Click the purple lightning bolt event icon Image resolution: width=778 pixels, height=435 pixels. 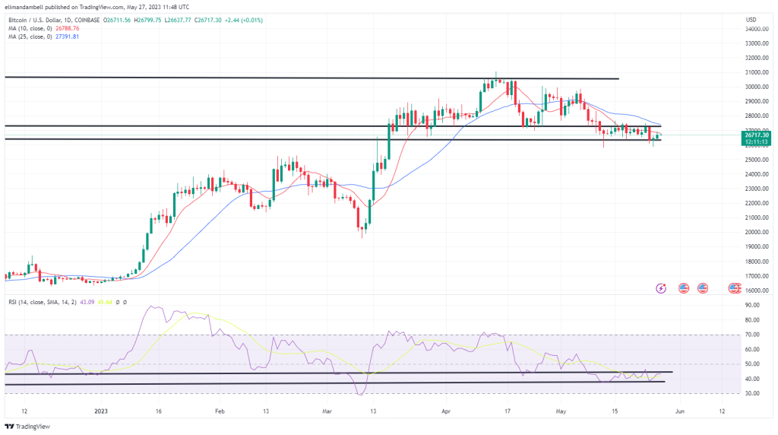662,288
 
